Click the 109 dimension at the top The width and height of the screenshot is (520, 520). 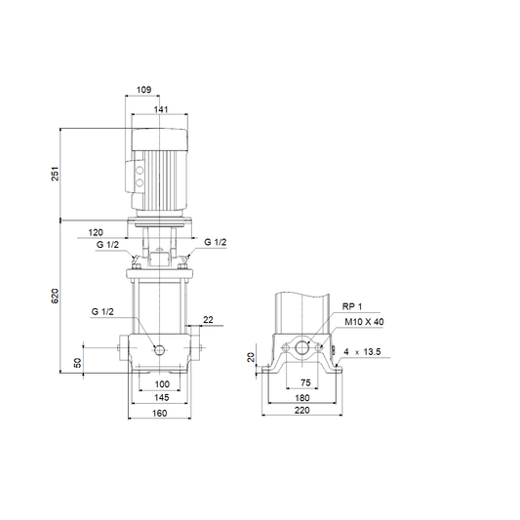tap(144, 90)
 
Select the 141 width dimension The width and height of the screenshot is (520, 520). tap(161, 109)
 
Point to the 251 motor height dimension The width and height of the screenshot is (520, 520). tap(55, 174)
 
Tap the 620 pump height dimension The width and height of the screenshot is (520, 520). tap(55, 296)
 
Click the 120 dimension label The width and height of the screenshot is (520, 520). tap(96, 232)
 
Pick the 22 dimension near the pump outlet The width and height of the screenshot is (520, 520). tap(208, 320)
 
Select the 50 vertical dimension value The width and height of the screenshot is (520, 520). tap(77, 363)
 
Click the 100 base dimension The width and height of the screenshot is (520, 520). tap(162, 384)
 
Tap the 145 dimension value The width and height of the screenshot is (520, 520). tap(162, 397)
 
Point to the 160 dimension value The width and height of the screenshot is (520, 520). tap(160, 414)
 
